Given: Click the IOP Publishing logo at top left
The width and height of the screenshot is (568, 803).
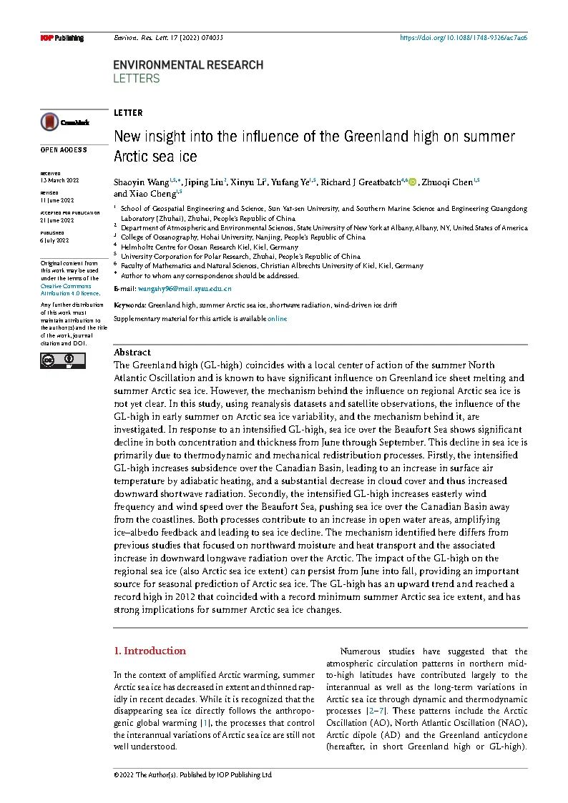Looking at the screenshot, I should (x=62, y=38).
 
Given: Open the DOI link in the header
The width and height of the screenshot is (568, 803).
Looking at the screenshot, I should (x=463, y=37).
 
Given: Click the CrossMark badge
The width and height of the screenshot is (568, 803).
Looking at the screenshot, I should (x=64, y=122).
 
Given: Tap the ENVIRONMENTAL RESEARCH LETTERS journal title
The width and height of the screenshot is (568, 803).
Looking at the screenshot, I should (x=188, y=71).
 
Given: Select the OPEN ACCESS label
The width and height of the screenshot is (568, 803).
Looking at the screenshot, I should (x=64, y=150).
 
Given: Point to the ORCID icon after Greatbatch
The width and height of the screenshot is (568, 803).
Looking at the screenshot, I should (x=412, y=182).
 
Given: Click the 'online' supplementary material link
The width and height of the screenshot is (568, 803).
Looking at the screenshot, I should (x=277, y=318).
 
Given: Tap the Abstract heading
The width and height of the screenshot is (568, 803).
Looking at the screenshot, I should (x=132, y=352).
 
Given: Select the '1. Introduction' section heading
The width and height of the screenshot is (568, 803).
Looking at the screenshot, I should (x=150, y=651).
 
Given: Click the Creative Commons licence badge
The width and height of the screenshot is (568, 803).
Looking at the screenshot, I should (x=62, y=361).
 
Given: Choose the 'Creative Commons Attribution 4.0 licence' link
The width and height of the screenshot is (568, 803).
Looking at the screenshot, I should (x=69, y=290).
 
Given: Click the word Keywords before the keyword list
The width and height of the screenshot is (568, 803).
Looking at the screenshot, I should (x=129, y=305).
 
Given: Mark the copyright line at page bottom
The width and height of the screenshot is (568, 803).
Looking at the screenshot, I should (x=193, y=774).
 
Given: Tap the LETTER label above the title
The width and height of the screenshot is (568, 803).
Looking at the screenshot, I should (x=128, y=113).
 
